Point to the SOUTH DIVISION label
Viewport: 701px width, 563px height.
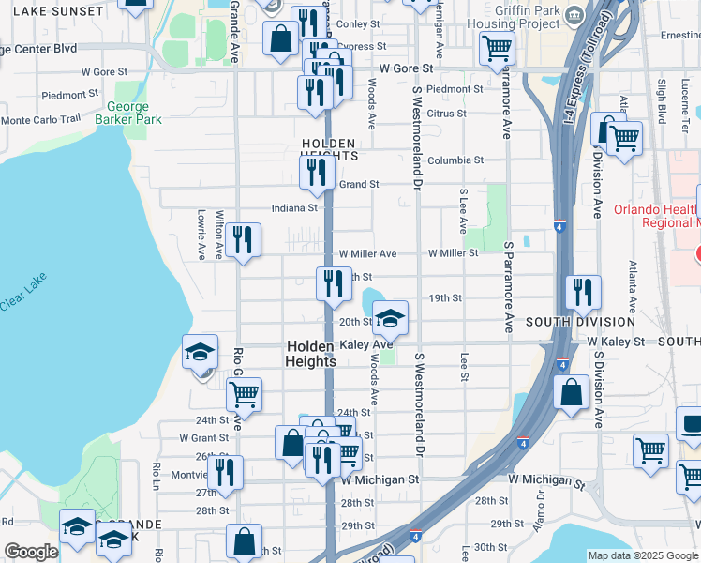(580, 322)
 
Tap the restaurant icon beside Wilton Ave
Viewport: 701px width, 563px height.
(243, 240)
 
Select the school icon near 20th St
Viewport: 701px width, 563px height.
(391, 318)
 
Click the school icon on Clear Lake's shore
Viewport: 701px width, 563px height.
(200, 352)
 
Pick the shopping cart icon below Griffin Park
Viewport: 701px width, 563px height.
(497, 48)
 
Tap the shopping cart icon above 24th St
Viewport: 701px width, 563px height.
(244, 396)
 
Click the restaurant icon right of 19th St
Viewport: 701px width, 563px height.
(583, 293)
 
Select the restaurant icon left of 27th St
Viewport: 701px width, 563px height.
(225, 473)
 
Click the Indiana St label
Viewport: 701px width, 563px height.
(294, 208)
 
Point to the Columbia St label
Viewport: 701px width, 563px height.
(455, 160)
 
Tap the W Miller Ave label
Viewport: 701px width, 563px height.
(367, 254)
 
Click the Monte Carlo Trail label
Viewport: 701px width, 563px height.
(41, 120)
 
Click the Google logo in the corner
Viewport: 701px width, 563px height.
(30, 552)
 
